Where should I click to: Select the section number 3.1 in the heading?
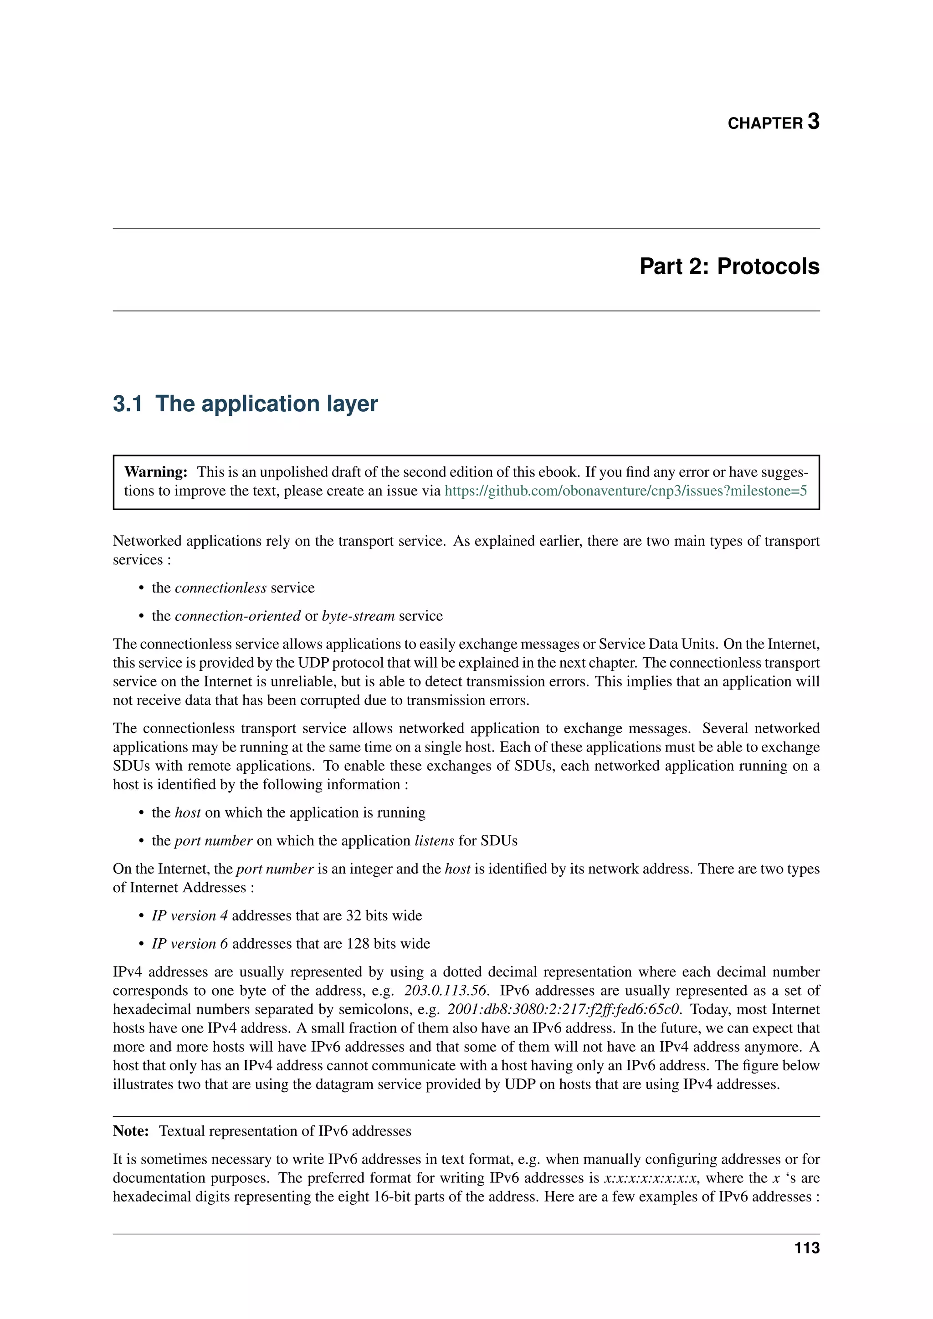(128, 404)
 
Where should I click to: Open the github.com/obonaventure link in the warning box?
(625, 491)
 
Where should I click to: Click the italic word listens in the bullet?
(434, 841)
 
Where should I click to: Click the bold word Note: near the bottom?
(131, 1131)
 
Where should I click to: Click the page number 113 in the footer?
(807, 1248)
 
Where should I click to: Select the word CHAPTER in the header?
(765, 123)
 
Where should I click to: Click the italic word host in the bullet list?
(188, 813)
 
